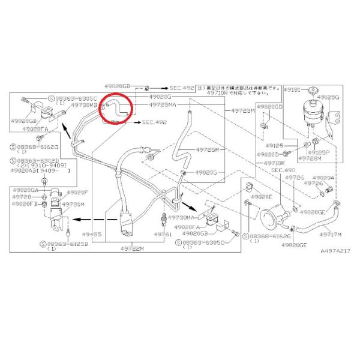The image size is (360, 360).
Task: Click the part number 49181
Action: point(292,88)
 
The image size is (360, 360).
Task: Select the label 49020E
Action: point(262,197)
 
